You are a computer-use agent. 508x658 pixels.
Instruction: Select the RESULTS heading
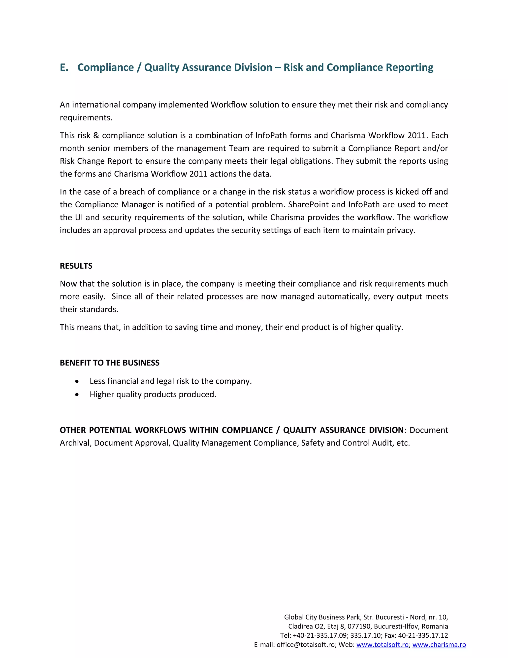76,266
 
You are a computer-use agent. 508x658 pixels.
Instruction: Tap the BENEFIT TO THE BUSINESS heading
110,363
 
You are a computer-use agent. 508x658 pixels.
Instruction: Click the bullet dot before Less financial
77,381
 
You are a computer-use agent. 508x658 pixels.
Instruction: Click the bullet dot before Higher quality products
77,395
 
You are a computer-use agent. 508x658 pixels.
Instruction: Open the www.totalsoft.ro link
382,645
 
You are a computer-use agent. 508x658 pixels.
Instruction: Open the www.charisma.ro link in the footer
439,645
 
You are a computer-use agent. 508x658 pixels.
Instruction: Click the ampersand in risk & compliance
96,136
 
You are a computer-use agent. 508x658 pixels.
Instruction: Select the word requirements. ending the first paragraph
86,118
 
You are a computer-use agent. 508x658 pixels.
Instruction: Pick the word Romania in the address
435,627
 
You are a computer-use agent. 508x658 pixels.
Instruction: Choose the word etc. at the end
403,443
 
